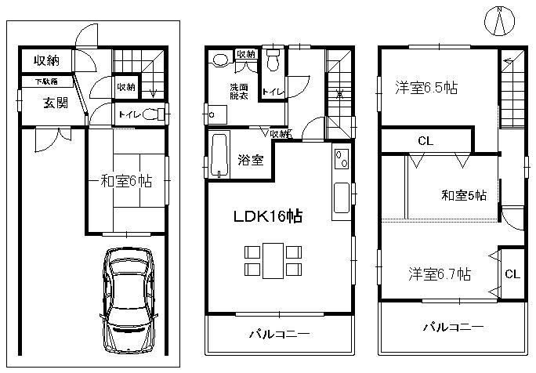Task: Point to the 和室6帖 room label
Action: (125, 181)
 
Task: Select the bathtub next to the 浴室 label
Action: (219, 155)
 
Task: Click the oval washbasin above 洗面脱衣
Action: (220, 59)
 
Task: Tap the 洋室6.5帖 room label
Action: (426, 89)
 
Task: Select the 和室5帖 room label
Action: (462, 195)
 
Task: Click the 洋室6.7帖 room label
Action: (439, 274)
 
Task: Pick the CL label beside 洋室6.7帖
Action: (512, 273)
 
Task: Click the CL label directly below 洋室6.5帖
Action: (426, 141)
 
